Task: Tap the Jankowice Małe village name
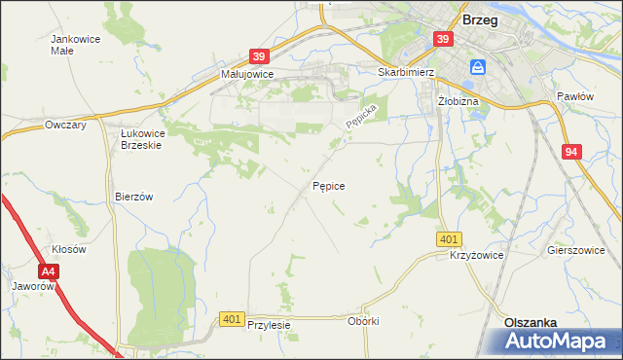[x=72, y=45]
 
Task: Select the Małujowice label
[x=247, y=73]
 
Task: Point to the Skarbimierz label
[x=404, y=71]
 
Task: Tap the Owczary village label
[x=66, y=125]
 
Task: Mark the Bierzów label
[x=134, y=196]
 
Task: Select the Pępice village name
[x=328, y=184]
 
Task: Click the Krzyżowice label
[x=476, y=254]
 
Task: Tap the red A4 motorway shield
[x=49, y=272]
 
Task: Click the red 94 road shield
[x=570, y=152]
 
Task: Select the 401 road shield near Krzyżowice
[x=449, y=239]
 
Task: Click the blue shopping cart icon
[x=478, y=67]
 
